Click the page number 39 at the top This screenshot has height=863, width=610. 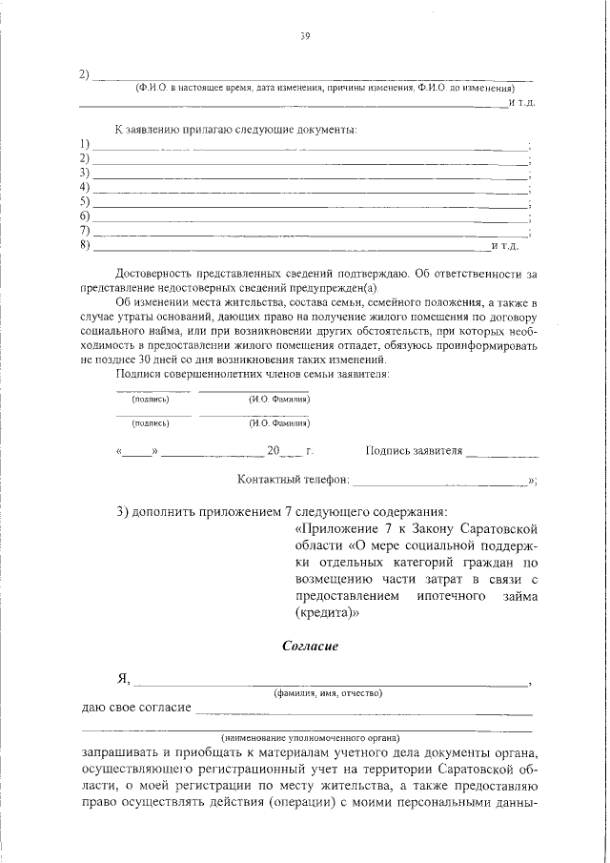pyautogui.click(x=306, y=37)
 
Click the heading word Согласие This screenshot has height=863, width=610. pyautogui.click(x=311, y=646)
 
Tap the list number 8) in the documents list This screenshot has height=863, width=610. pyautogui.click(x=85, y=246)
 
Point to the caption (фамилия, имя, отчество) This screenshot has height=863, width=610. pyautogui.click(x=328, y=692)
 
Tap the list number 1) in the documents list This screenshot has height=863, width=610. pyautogui.click(x=85, y=144)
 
